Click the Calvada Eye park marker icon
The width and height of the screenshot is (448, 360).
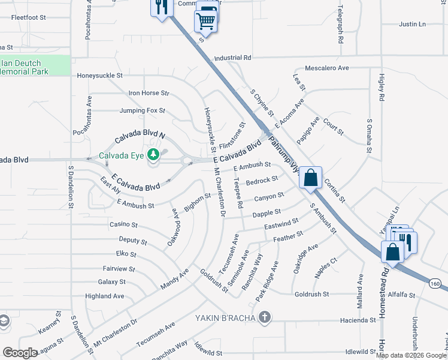[154, 155]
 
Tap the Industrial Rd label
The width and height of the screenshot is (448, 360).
[232, 58]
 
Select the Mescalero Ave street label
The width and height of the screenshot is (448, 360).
[326, 68]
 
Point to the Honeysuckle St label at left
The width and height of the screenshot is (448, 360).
[99, 76]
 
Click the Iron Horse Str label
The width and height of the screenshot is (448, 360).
[149, 94]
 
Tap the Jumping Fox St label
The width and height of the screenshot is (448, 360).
[142, 111]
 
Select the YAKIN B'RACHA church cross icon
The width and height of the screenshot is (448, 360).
[265, 317]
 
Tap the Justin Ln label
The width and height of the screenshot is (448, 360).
[412, 25]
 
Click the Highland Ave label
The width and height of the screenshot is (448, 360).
[104, 296]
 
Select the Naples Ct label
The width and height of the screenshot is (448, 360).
[326, 268]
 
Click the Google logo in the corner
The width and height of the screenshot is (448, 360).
[20, 353]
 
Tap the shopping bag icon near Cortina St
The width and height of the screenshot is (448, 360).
[310, 178]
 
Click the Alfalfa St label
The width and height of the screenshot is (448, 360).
[401, 295]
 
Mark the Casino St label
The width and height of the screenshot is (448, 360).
[123, 224]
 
